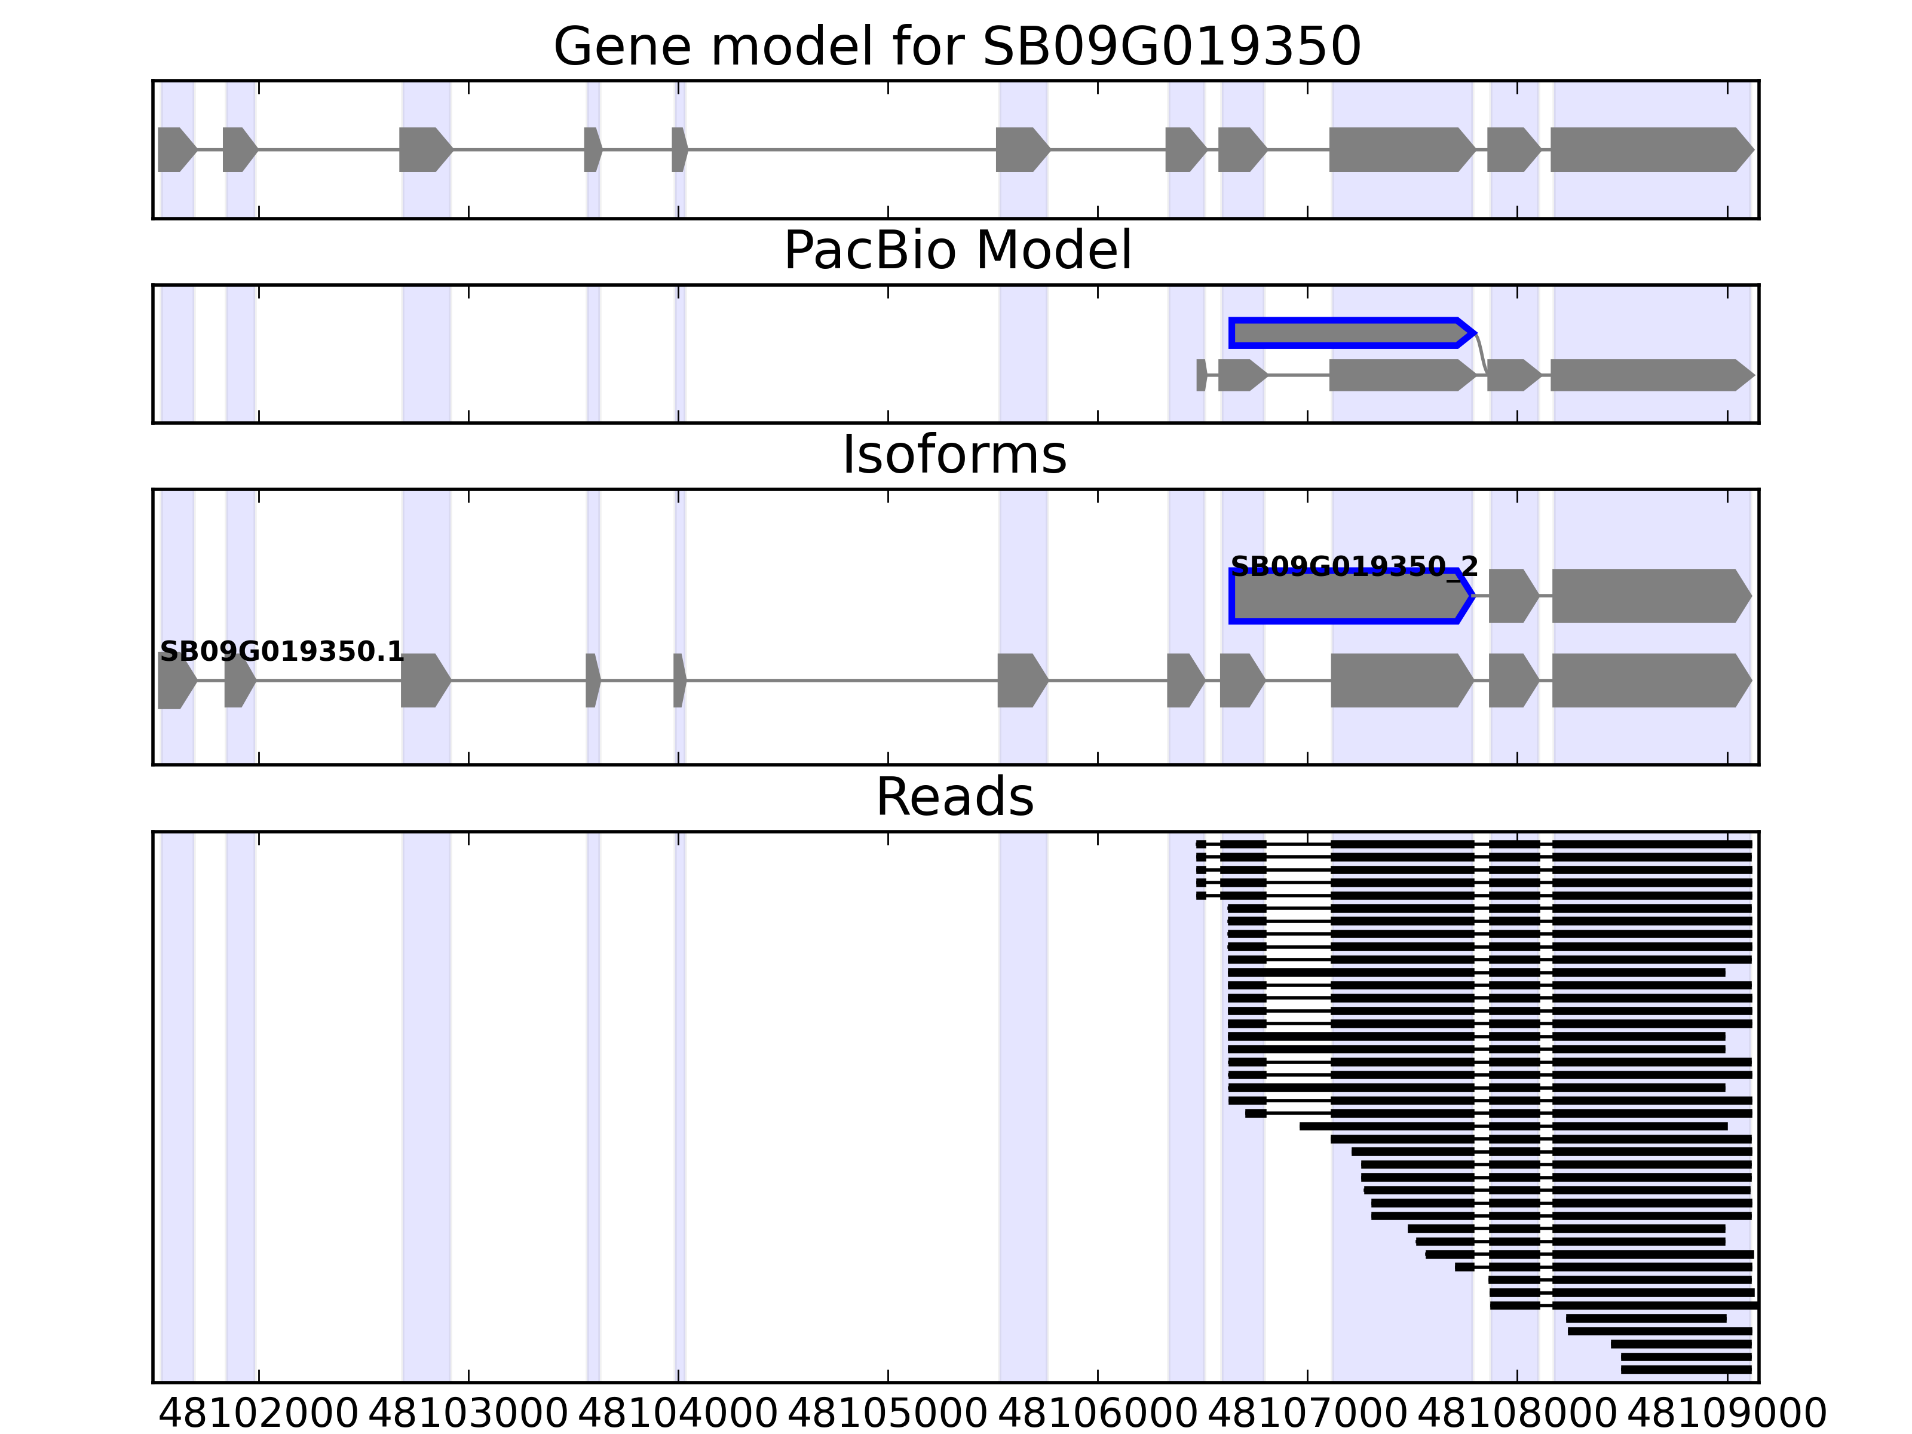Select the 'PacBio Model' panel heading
click(x=957, y=251)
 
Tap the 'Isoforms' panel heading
click(x=954, y=455)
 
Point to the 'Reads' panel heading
click(x=954, y=797)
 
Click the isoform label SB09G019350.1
click(x=282, y=652)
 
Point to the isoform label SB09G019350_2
click(x=1353, y=567)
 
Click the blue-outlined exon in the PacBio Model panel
click(x=1349, y=333)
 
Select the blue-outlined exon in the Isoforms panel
click(x=1349, y=596)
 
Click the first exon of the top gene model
click(x=176, y=149)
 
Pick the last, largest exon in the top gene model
click(x=1649, y=149)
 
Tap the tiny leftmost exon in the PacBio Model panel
click(x=1200, y=375)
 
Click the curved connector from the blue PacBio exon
click(x=1481, y=353)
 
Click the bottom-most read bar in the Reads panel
click(x=1686, y=1370)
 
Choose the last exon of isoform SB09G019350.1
click(x=1649, y=681)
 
